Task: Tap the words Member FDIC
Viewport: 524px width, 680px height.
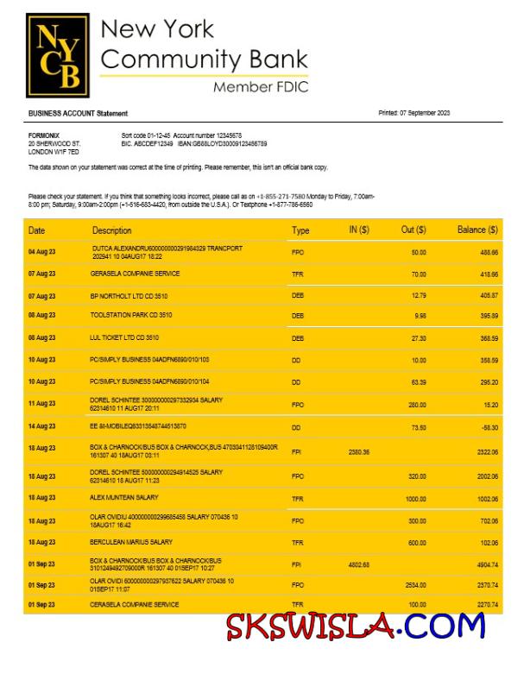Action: pos(260,87)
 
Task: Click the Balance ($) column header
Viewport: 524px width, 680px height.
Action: pos(477,230)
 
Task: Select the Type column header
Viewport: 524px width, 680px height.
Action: pos(300,230)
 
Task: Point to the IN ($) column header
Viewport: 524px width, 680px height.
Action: pos(358,230)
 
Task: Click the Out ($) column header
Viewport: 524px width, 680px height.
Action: pos(414,230)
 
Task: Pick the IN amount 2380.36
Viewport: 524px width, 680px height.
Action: pos(358,451)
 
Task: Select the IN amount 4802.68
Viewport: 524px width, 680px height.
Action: pos(358,565)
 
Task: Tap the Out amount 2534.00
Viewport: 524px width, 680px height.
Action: pos(415,585)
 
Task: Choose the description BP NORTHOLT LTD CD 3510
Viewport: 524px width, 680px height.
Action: pos(129,295)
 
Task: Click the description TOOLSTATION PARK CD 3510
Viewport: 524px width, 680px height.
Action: pos(131,316)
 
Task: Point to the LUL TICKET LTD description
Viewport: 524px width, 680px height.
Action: pos(124,337)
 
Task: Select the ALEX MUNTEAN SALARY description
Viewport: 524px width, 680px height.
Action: pos(124,498)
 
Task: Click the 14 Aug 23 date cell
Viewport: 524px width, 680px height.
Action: pos(41,426)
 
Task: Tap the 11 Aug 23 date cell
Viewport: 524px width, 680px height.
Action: pos(41,404)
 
